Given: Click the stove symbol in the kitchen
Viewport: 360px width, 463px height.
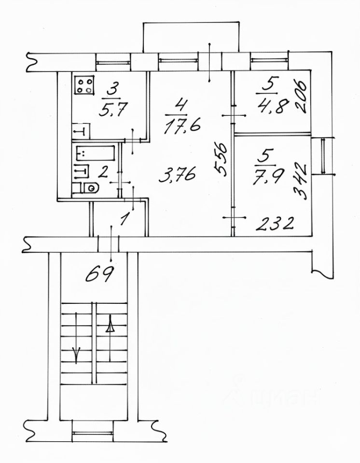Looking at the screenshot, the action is tap(84, 86).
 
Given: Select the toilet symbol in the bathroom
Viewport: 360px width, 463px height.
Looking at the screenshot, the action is tap(88, 188).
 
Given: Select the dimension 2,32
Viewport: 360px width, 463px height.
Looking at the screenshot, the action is tap(276, 224).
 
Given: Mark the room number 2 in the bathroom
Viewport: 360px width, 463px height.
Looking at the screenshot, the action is tap(102, 171).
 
